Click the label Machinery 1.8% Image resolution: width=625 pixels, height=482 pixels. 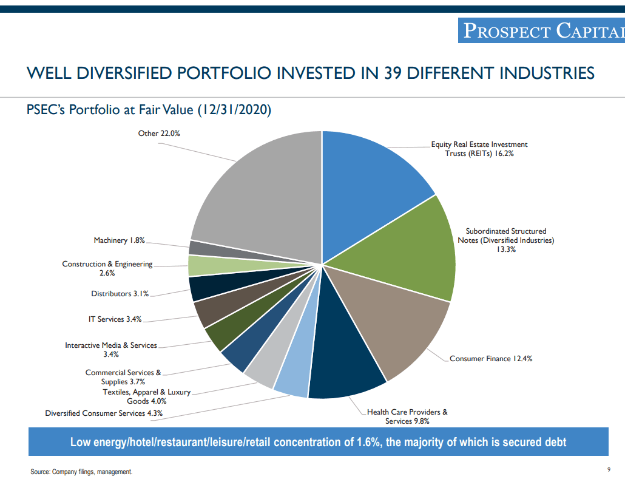pos(119,240)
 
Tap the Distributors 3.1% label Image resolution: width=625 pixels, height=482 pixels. pos(120,294)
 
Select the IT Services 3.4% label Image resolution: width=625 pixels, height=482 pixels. pos(115,319)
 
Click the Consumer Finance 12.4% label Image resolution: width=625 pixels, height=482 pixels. pos(491,359)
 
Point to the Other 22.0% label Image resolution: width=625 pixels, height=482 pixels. pos(159,134)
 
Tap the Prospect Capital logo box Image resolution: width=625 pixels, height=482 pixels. pos(541,30)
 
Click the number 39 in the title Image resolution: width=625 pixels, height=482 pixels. pos(394,73)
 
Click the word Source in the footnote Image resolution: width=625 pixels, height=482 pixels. pos(40,472)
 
